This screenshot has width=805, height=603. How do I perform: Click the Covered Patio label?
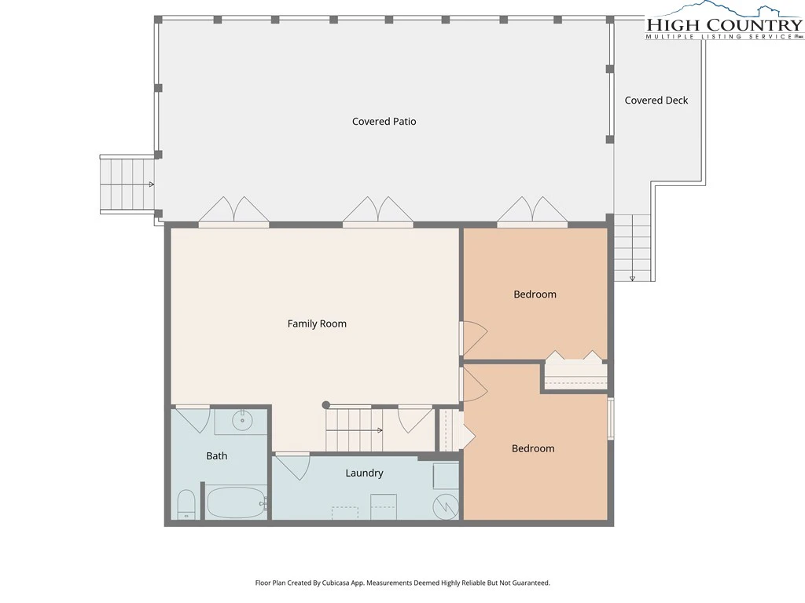click(384, 122)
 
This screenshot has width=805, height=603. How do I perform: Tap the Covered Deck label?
click(656, 100)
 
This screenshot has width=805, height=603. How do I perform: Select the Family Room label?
click(317, 324)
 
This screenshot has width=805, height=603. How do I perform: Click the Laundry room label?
click(364, 473)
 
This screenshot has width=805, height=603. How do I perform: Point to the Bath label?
click(217, 456)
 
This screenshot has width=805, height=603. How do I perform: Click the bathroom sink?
click(242, 422)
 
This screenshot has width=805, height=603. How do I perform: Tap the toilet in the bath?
click(186, 505)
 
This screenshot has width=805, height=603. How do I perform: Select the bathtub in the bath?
click(236, 502)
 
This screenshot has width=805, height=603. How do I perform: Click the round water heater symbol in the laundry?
click(446, 506)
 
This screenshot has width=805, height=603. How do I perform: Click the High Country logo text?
click(724, 24)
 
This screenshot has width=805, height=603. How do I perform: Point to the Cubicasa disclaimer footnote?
click(402, 583)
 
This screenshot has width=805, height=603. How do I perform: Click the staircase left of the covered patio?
click(127, 184)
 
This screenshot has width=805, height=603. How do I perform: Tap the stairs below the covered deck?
click(633, 247)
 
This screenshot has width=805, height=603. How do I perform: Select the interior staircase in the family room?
click(355, 429)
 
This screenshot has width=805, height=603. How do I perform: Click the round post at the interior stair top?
click(325, 405)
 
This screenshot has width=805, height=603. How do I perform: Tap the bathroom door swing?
click(193, 419)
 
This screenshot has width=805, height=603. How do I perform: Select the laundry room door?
click(292, 466)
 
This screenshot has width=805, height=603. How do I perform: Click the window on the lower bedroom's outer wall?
click(611, 418)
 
